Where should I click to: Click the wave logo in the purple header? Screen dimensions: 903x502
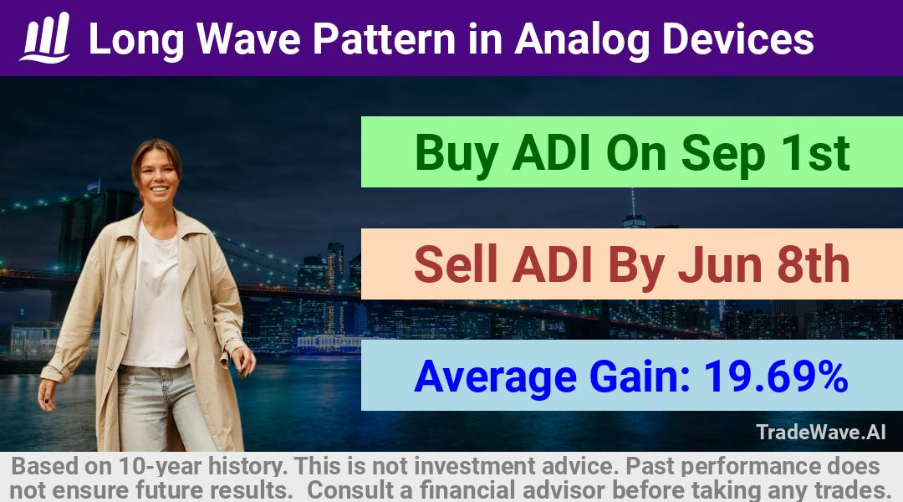coord(45,38)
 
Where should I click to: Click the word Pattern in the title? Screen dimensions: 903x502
coord(384,39)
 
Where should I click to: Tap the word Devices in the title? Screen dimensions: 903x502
coord(737,39)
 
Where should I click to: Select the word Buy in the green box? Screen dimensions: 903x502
coord(457,153)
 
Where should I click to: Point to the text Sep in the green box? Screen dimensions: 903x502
coord(722,154)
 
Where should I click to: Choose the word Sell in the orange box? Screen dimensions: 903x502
coord(456,264)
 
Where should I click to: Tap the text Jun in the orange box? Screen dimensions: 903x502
coord(720,264)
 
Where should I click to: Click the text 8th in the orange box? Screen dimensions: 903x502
coord(814,264)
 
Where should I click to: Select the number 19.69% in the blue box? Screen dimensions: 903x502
coord(776,376)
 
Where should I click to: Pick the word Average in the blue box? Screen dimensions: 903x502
coord(495,377)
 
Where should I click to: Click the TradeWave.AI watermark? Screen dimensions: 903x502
coord(821,433)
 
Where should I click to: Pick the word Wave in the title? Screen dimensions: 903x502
coord(248,39)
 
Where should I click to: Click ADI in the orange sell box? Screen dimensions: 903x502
coord(553,264)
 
